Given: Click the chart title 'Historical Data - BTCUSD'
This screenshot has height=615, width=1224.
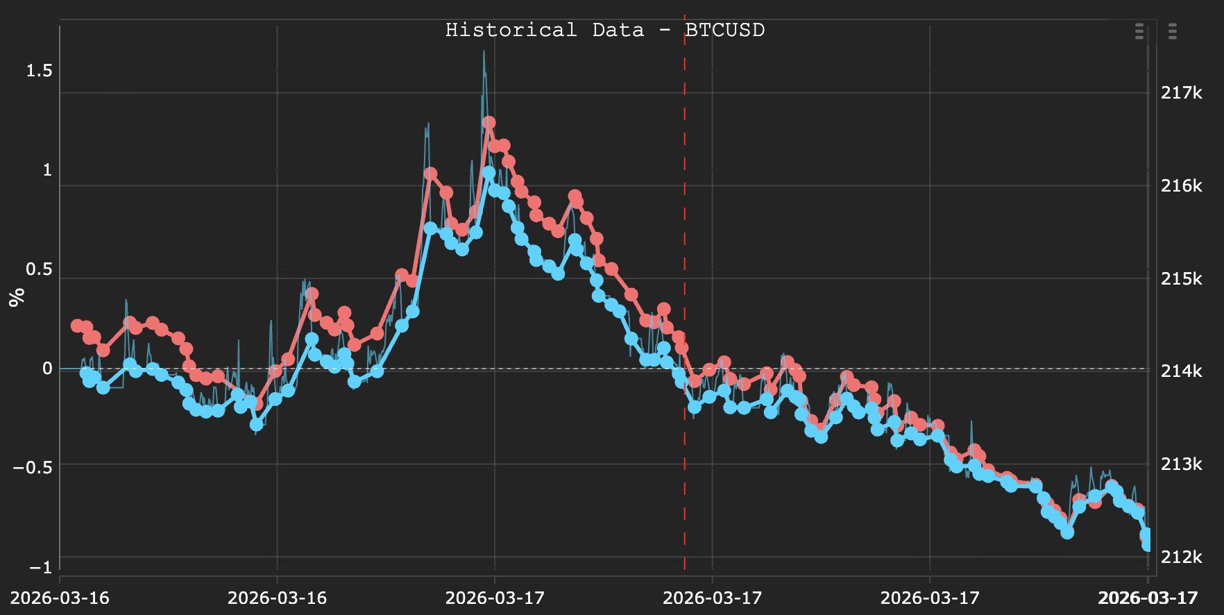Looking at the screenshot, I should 604,31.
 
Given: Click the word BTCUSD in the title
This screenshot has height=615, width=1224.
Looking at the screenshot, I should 724,31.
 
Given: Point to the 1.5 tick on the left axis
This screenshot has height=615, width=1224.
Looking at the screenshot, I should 39,71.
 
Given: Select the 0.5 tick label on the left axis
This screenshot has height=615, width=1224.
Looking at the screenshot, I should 39,269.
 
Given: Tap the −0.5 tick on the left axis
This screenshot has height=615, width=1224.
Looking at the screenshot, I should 33,467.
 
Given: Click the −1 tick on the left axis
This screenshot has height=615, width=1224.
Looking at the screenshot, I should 40,567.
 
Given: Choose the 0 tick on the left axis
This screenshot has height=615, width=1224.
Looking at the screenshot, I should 47,369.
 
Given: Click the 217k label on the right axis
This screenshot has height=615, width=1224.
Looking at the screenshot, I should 1181,93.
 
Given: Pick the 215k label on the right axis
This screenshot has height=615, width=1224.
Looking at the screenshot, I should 1181,278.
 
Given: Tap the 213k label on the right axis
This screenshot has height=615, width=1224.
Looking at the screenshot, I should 1181,464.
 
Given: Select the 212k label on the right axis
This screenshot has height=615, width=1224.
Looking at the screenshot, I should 1181,557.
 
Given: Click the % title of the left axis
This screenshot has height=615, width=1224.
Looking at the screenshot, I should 17,297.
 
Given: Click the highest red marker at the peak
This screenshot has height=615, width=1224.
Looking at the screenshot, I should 488,122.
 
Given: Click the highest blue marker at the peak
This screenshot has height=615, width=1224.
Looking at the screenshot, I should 488,173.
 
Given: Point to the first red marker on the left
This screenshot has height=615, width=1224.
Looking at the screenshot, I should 77,325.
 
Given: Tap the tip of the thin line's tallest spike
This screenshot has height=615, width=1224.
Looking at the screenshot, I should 484,51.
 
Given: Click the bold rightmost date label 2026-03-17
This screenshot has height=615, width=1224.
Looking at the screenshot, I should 1148,598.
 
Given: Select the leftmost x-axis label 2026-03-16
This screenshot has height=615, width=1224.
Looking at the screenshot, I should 60,598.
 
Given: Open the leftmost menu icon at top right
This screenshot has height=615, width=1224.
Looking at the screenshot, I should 1139,31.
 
